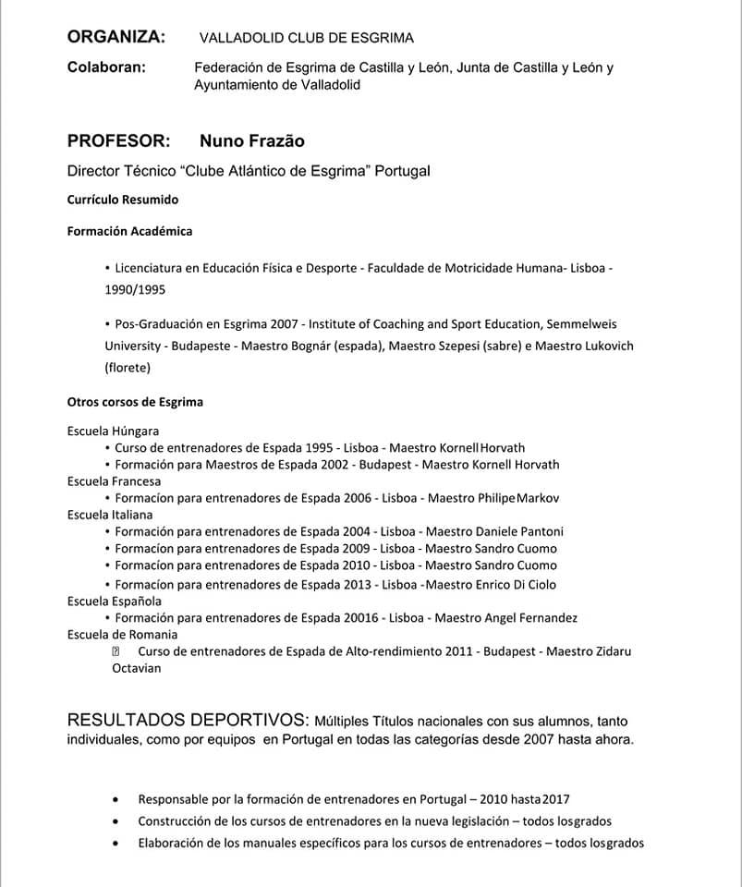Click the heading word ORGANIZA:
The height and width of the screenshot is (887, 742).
point(116,37)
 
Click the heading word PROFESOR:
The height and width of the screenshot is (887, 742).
point(119,140)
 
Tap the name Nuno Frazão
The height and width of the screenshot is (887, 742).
point(251,140)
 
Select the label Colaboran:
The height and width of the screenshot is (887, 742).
point(106,67)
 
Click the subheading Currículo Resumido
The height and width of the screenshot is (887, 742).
point(123,200)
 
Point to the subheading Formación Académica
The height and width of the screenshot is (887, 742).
point(129,231)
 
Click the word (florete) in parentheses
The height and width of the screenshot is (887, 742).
point(128,368)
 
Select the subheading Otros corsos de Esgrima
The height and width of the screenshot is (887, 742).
point(135,402)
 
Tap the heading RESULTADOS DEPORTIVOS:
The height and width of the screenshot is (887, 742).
point(188,720)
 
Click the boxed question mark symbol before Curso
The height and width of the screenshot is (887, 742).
point(116,651)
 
